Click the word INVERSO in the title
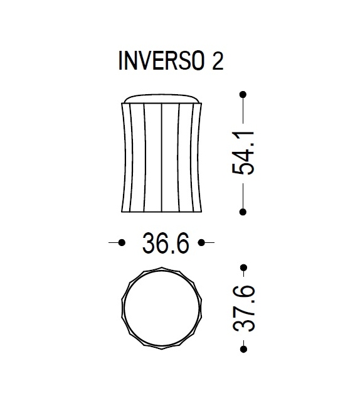[x=161, y=63]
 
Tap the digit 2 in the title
[x=217, y=63]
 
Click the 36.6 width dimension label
[x=166, y=244]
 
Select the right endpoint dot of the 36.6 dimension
[x=202, y=242]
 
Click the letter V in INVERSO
[x=145, y=63]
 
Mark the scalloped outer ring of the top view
[x=122, y=307]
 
